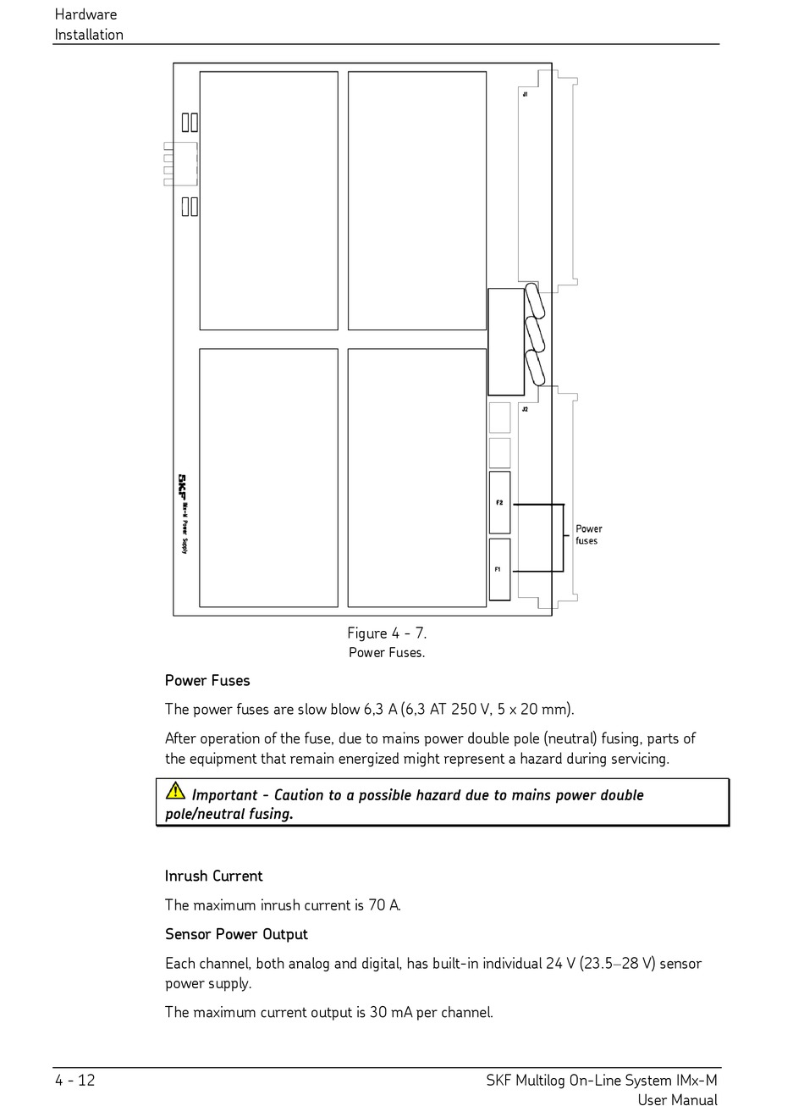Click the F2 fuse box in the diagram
(x=499, y=502)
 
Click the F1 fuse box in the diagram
(x=499, y=569)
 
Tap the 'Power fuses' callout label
(x=588, y=534)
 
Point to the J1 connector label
(x=525, y=94)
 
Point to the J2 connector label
(x=525, y=409)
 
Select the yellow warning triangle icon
(x=175, y=791)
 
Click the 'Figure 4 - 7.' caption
(x=387, y=633)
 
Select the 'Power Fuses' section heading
(x=207, y=681)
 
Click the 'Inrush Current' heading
(x=213, y=876)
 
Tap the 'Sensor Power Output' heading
(x=236, y=934)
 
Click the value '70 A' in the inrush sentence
(x=383, y=905)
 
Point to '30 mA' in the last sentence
(x=390, y=1012)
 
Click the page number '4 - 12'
(x=75, y=1081)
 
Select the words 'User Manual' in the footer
(x=677, y=1100)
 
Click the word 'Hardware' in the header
(x=85, y=14)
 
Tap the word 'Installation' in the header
(x=89, y=35)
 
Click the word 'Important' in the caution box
(x=224, y=795)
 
